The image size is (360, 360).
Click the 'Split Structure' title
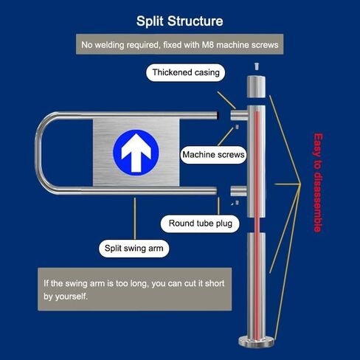(179, 21)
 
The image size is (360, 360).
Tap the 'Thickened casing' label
(186, 72)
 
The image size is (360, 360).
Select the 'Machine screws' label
(213, 155)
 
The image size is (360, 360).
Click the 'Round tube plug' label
(200, 224)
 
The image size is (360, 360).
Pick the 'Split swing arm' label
(134, 249)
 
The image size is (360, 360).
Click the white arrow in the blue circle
(136, 153)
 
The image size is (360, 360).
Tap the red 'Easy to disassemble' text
(318, 182)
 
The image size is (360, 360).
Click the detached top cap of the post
(256, 87)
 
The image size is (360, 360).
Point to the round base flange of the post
(256, 342)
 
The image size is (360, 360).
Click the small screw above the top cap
(257, 66)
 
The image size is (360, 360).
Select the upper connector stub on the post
(239, 115)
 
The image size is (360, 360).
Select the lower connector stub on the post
(238, 191)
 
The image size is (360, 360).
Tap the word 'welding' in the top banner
(110, 45)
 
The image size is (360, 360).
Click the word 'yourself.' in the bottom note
(72, 297)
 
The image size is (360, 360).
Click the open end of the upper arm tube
(217, 115)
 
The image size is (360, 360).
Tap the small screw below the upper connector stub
(237, 127)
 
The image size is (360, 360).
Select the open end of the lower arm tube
(215, 191)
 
